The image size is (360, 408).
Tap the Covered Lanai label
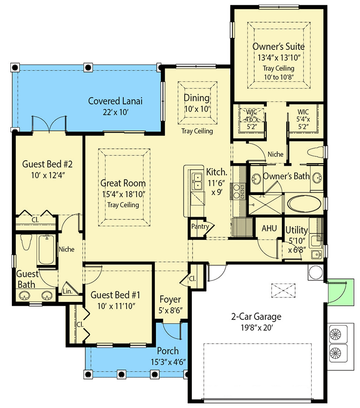click(x=115, y=100)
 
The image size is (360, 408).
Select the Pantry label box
click(x=200, y=226)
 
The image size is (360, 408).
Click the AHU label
click(x=269, y=228)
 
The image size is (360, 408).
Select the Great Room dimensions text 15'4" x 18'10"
click(x=122, y=194)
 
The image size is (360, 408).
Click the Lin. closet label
click(x=68, y=291)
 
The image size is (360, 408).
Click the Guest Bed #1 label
click(x=116, y=295)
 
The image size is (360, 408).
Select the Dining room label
click(x=196, y=98)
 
